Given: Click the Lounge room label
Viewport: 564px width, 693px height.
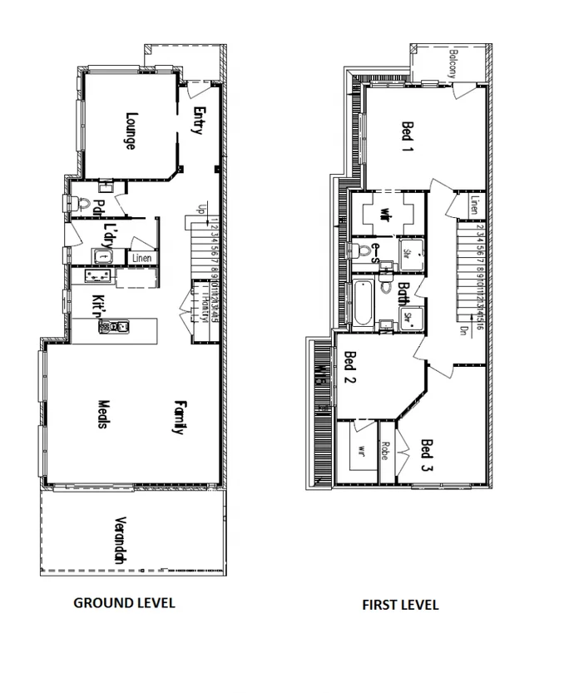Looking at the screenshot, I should pyautogui.click(x=131, y=131).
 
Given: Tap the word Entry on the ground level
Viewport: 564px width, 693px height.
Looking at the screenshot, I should pyautogui.click(x=198, y=120).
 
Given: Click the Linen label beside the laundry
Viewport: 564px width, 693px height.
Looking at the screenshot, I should pyautogui.click(x=142, y=259).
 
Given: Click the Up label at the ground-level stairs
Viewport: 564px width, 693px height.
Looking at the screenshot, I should pyautogui.click(x=200, y=210).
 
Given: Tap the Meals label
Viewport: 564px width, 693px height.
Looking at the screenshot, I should pyautogui.click(x=101, y=412).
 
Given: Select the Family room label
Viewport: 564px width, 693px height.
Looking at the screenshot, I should pyautogui.click(x=178, y=418).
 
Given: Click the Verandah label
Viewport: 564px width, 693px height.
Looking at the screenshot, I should pyautogui.click(x=120, y=542).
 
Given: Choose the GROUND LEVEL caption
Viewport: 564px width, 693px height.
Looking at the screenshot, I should pyautogui.click(x=125, y=603).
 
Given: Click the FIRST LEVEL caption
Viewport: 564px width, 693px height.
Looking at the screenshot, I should pyautogui.click(x=400, y=605).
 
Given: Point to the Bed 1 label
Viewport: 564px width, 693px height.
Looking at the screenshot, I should pyautogui.click(x=408, y=138).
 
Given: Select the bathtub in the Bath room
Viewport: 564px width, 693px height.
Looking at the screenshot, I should pyautogui.click(x=363, y=304).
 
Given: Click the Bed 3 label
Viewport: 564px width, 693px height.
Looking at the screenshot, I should pyautogui.click(x=426, y=454).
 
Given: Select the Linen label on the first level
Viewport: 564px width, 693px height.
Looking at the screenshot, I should pyautogui.click(x=473, y=205).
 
